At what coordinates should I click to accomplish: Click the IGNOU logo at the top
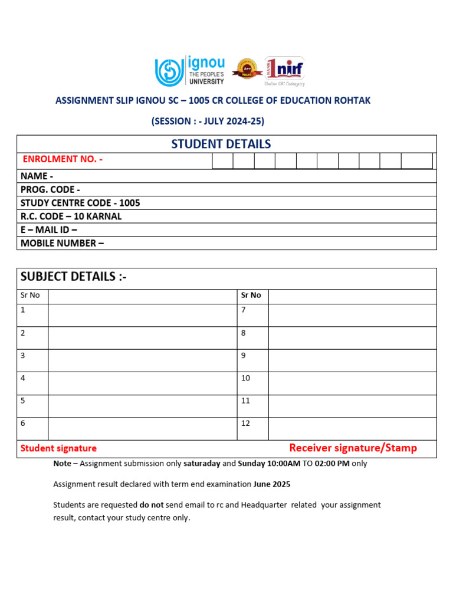(189, 71)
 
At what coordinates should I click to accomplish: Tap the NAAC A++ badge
(246, 70)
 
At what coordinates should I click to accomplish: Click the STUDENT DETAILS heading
(221, 144)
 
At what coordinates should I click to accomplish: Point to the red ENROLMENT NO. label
(63, 159)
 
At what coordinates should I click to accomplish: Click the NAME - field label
(37, 176)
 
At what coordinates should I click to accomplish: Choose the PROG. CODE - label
(50, 189)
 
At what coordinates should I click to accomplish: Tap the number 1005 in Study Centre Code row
(130, 203)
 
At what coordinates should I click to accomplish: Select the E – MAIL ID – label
(49, 229)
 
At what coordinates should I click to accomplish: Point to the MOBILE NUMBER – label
(62, 243)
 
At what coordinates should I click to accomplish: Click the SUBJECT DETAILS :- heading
(74, 277)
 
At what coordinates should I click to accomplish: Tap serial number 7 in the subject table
(244, 310)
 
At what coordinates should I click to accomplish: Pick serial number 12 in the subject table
(245, 423)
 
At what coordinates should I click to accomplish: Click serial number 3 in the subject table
(23, 356)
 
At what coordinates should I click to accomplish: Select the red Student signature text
(58, 448)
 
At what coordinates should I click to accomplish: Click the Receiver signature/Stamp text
(353, 448)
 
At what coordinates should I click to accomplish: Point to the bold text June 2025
(272, 484)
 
